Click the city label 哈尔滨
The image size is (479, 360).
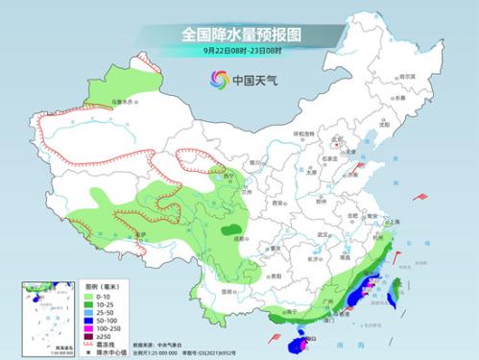[408, 76]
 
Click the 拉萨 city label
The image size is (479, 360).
[140, 234]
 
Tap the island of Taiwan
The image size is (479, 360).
[393, 297]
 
